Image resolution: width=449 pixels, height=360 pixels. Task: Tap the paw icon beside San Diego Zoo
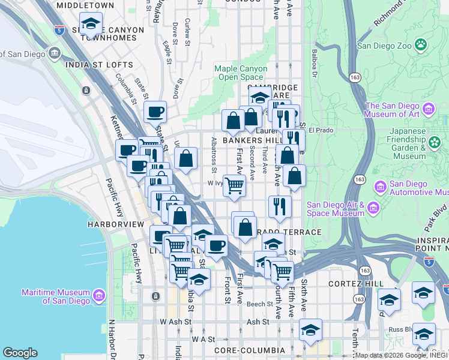click(x=422, y=44)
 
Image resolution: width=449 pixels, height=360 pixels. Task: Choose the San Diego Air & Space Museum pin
click(x=374, y=208)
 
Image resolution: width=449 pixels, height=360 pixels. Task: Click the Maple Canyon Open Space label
click(x=241, y=73)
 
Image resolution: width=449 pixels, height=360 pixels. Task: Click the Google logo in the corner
click(x=20, y=353)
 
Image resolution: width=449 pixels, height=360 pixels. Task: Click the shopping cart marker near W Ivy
click(x=234, y=186)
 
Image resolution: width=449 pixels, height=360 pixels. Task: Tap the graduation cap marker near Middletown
click(x=91, y=24)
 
